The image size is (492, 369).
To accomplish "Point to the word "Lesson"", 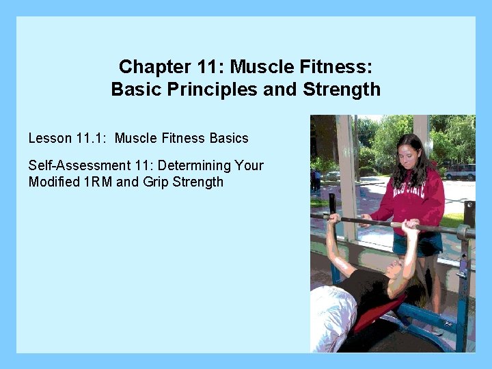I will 50,138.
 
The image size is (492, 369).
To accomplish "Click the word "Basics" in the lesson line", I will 229,138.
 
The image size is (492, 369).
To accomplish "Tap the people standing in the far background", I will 315,178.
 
